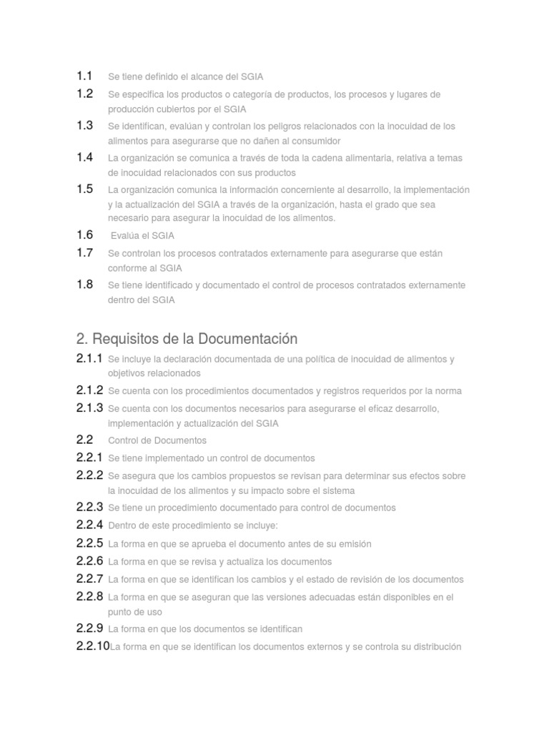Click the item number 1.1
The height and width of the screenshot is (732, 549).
(x=84, y=76)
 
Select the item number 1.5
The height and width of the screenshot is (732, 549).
(x=84, y=189)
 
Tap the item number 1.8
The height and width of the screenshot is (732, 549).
(x=84, y=285)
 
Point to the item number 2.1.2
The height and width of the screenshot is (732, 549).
(x=89, y=390)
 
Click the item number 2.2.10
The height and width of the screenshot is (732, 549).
(x=93, y=646)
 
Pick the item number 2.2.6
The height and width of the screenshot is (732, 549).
(x=89, y=561)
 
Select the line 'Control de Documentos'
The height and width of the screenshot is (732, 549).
(x=157, y=440)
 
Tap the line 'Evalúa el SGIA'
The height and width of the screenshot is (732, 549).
(x=142, y=235)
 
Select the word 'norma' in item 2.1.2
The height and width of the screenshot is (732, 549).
(x=448, y=391)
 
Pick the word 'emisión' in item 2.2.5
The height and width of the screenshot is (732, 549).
(x=353, y=544)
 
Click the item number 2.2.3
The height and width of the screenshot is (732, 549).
(x=89, y=508)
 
